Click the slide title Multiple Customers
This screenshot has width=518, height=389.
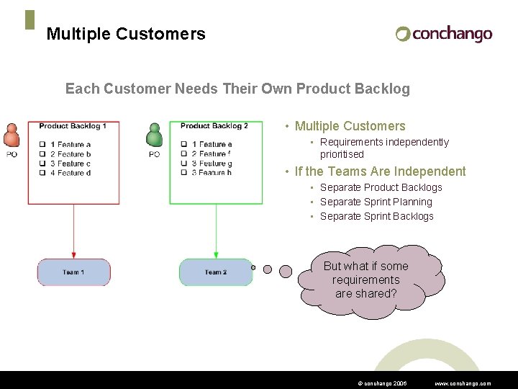(x=125, y=34)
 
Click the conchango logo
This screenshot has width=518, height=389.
(x=444, y=34)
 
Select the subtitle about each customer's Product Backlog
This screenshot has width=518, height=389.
(x=237, y=89)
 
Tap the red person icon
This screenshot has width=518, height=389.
(x=12, y=137)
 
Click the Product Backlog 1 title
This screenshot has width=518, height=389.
(x=73, y=126)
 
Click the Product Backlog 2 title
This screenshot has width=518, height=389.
(x=214, y=126)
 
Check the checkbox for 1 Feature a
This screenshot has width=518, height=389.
(x=42, y=145)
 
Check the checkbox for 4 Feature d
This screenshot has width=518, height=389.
(x=42, y=173)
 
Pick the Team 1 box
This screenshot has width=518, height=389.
(x=73, y=272)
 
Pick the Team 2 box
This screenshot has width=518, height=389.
(x=215, y=272)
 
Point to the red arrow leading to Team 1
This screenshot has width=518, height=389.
(x=73, y=231)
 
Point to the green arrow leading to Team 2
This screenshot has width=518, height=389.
(x=216, y=231)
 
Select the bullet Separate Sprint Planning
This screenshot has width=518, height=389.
(x=376, y=202)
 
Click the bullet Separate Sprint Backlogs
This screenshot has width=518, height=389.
(x=376, y=216)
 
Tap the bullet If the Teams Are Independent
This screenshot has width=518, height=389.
(x=380, y=171)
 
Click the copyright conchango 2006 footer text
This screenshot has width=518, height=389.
(x=382, y=383)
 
